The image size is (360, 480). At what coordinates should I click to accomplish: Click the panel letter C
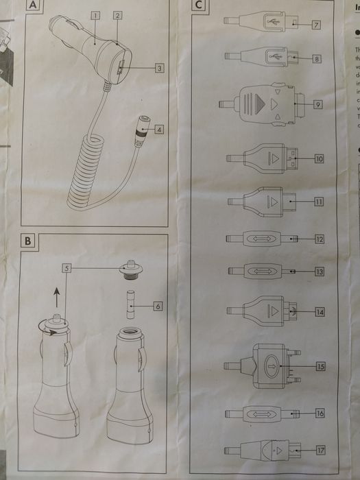click(x=198, y=6)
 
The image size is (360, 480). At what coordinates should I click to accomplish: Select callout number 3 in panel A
click(x=158, y=68)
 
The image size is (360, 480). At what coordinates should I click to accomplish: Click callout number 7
click(x=316, y=25)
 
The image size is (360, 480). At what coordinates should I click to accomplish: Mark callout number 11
click(x=319, y=201)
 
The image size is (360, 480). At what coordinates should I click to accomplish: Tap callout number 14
click(x=320, y=311)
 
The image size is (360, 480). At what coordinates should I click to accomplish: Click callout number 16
click(x=320, y=413)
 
